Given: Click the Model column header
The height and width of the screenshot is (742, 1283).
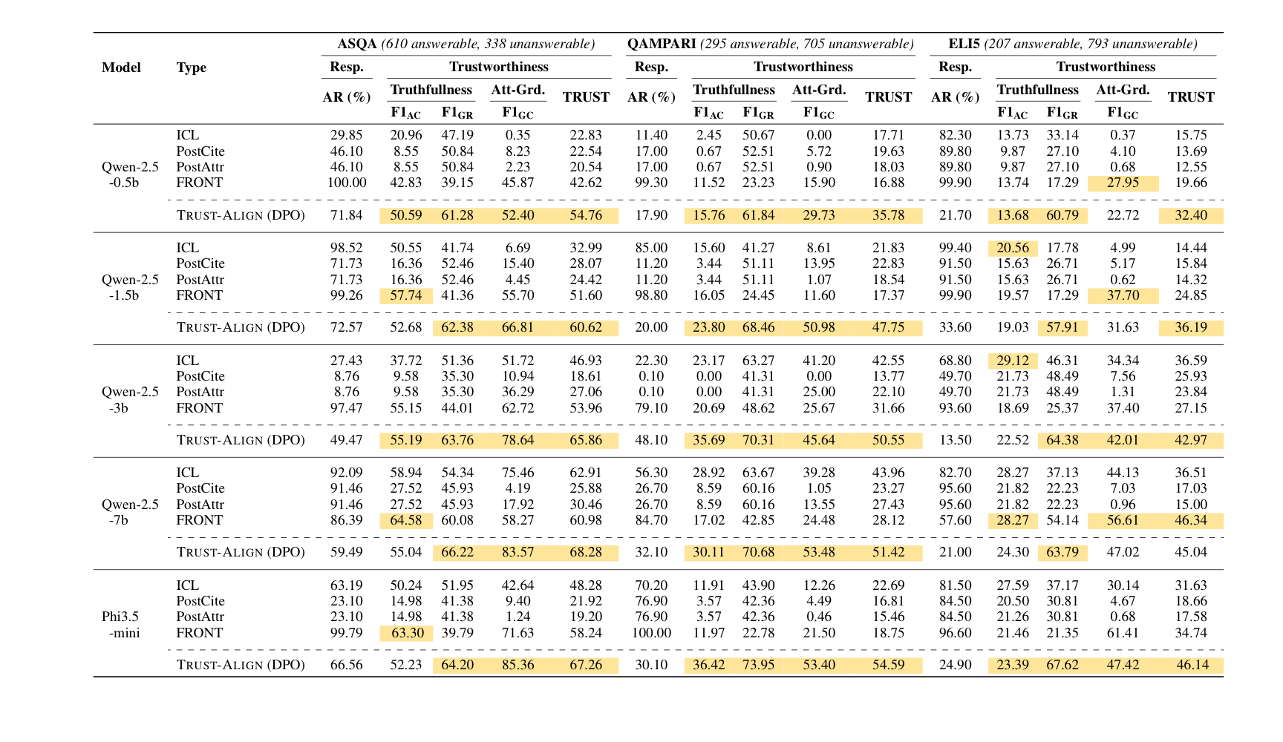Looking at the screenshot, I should click(x=121, y=68).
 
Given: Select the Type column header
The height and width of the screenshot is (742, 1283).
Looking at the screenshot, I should click(x=191, y=68).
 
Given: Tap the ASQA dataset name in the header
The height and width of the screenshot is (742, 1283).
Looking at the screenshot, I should click(x=357, y=44).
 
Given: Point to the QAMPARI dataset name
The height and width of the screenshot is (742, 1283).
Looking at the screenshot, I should click(x=661, y=44).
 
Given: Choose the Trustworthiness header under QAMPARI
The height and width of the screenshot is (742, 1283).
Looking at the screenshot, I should click(x=803, y=67).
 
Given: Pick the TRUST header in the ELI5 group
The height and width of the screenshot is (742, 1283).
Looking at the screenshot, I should click(x=1190, y=97).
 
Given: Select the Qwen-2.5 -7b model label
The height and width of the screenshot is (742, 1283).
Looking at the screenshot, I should click(x=130, y=512).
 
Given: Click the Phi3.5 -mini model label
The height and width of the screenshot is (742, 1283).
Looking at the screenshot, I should click(x=120, y=625).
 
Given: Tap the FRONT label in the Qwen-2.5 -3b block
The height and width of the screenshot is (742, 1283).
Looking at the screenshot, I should click(x=199, y=408).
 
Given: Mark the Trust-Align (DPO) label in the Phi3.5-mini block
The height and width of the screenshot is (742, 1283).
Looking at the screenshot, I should click(x=241, y=665).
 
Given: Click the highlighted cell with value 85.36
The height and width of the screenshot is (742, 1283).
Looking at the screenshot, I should click(x=518, y=665).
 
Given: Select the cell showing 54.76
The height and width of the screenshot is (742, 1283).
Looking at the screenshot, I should click(x=586, y=216).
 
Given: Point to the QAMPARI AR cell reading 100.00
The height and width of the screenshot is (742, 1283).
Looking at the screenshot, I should click(x=651, y=633).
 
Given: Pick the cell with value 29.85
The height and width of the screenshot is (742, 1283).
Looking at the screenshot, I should click(x=346, y=135).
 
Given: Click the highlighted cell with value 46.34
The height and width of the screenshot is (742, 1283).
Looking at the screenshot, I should click(x=1190, y=520).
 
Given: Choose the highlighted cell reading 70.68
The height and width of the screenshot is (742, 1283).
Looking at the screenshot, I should click(x=758, y=552).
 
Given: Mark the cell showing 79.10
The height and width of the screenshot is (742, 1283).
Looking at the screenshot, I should click(x=651, y=408).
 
